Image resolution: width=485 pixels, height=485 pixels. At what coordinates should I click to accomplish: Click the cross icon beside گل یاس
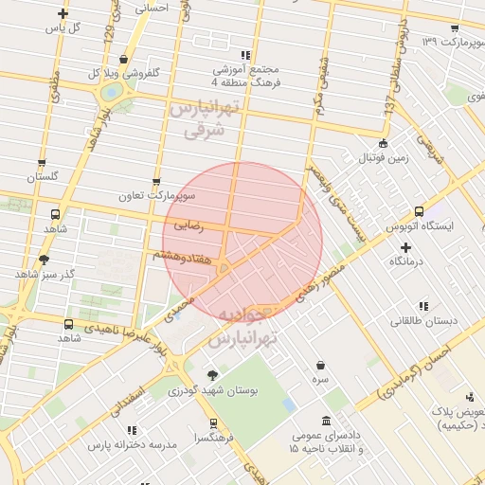click(x=63, y=13)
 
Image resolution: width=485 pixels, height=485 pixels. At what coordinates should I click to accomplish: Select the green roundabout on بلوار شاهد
click(x=114, y=93)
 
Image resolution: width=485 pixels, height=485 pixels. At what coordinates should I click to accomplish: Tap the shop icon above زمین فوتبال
click(x=383, y=143)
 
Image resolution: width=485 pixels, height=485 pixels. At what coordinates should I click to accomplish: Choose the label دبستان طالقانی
click(x=422, y=320)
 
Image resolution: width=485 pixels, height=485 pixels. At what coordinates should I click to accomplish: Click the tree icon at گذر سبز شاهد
click(x=44, y=260)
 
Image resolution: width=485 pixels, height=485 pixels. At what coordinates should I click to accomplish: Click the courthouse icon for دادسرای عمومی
click(x=327, y=421)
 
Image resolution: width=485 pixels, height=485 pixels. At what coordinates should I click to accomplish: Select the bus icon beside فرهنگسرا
click(x=213, y=423)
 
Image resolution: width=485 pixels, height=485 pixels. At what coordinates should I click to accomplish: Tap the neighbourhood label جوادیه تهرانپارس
click(x=244, y=325)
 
